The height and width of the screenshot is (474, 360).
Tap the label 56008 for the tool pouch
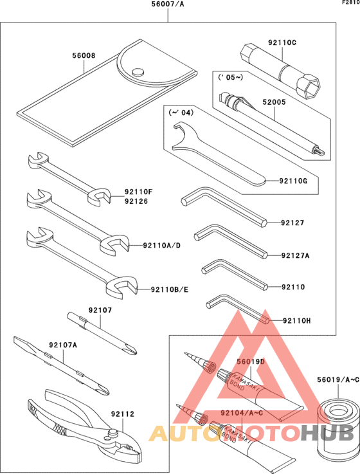click(x=84, y=56)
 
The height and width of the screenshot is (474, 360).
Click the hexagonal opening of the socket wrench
click(x=311, y=86)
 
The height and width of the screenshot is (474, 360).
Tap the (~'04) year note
click(x=181, y=113)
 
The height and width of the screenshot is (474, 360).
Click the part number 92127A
click(x=295, y=255)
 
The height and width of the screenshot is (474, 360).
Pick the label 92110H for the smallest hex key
click(x=296, y=320)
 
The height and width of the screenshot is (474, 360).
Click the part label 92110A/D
click(x=161, y=245)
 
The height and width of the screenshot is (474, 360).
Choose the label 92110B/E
click(x=170, y=289)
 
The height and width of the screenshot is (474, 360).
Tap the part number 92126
click(x=138, y=201)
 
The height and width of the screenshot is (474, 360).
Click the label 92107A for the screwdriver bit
click(x=63, y=345)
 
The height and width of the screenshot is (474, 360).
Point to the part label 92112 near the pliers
click(x=123, y=415)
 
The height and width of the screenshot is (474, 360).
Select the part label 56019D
click(x=250, y=362)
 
